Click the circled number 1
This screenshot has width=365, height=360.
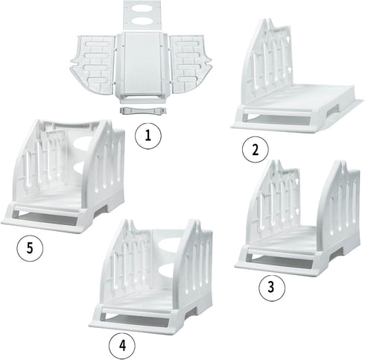click(x=148, y=136)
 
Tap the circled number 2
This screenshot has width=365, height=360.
click(x=256, y=150)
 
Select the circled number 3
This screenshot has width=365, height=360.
click(x=272, y=287)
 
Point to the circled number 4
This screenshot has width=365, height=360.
click(x=122, y=345)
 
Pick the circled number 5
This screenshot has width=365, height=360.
click(x=30, y=248)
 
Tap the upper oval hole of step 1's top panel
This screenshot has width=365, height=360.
click(x=143, y=8)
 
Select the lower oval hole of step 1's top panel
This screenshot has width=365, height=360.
click(x=143, y=21)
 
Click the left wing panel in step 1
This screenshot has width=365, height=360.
click(x=93, y=63)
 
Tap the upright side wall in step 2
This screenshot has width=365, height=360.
click(x=266, y=61)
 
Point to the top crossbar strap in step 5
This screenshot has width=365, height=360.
click(x=72, y=124)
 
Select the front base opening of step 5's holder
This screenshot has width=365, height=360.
click(x=47, y=218)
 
